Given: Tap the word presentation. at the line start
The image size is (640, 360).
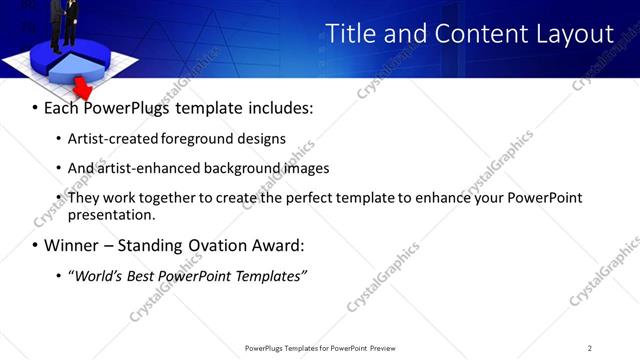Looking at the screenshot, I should pos(111,214).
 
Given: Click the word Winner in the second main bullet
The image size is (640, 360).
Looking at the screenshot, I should pos(70,245).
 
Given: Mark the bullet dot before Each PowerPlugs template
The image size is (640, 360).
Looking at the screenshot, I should pos(36,108).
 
